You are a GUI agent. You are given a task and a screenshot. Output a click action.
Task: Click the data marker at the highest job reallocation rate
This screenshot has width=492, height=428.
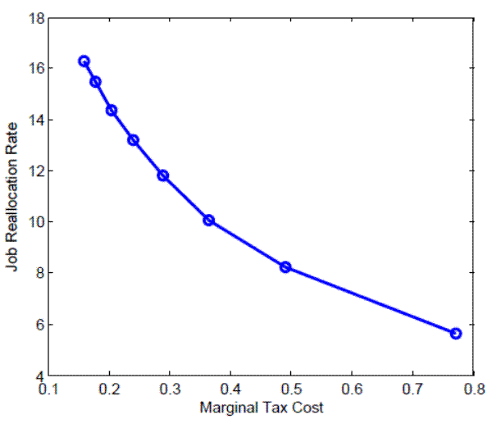[x=84, y=61]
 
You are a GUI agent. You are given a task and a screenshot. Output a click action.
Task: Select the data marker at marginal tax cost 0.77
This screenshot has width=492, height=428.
[x=456, y=333]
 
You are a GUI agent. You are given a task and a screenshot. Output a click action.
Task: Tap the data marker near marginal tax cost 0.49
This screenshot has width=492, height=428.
[x=285, y=267]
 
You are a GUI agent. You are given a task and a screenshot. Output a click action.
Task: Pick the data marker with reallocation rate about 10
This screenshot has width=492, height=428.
[x=209, y=220]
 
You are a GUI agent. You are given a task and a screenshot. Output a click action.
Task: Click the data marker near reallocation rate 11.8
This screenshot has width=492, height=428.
[x=163, y=175]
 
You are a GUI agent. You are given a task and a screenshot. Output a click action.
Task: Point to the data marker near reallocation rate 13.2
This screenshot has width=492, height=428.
[x=133, y=140]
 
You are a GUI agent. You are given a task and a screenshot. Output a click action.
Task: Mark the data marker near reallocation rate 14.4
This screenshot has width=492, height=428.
[x=112, y=110]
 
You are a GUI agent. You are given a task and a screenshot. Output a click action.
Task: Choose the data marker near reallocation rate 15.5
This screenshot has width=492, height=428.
[x=95, y=81]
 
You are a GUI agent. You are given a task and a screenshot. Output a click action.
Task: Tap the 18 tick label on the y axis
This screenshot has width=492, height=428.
[x=34, y=17]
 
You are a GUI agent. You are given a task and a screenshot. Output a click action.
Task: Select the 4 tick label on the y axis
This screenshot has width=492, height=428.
[x=38, y=376]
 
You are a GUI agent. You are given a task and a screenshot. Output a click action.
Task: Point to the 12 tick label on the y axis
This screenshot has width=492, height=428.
[x=34, y=171]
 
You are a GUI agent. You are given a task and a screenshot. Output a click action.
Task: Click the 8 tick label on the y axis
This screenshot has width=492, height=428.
[x=38, y=273]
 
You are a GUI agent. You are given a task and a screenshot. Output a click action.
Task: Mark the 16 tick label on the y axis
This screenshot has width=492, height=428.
[x=34, y=68]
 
